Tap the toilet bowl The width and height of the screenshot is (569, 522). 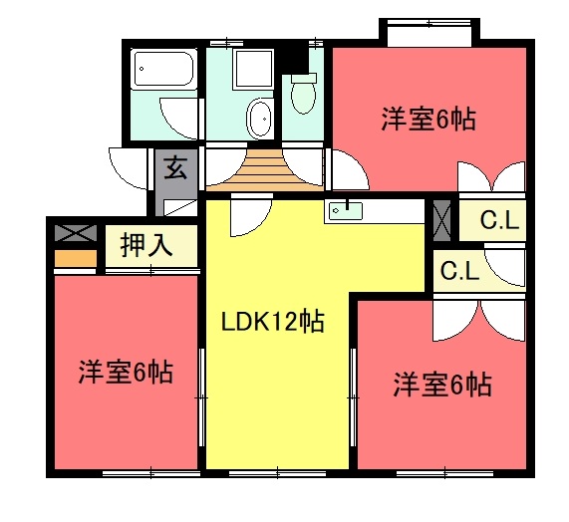click(302, 95)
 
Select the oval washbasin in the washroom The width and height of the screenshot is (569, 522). click(260, 117)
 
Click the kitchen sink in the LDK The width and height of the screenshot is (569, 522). click(344, 210)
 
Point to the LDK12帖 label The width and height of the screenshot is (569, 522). click(272, 322)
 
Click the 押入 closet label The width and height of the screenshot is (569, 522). click(146, 245)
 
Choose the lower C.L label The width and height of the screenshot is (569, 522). click(460, 269)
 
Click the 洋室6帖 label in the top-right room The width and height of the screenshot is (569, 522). click(427, 120)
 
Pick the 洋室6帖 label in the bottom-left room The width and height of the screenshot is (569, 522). click(126, 373)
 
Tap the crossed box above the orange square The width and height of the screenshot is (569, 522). click(76, 234)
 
